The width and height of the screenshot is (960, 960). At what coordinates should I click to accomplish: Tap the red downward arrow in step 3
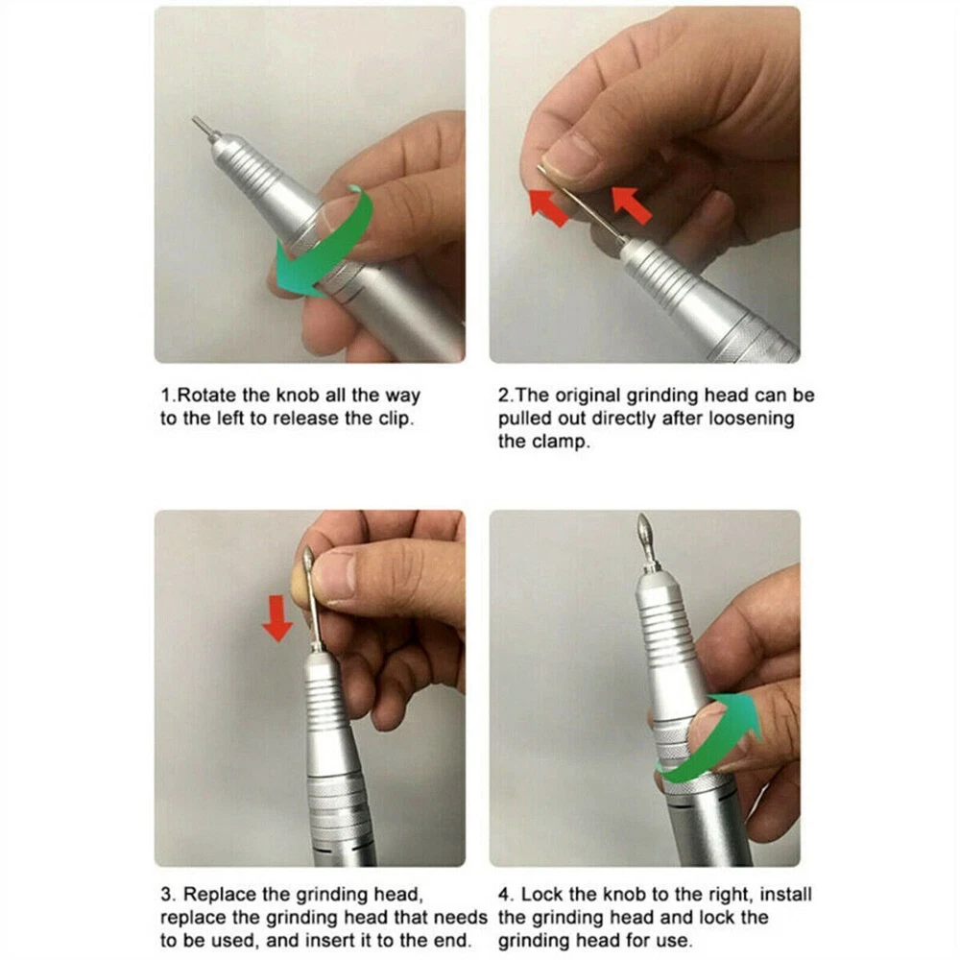[x=276, y=618]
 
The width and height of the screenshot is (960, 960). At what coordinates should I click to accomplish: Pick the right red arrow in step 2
[x=632, y=204]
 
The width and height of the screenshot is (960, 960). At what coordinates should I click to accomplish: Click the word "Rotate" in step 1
[x=207, y=396]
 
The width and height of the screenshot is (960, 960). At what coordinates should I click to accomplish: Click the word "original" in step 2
[x=588, y=396]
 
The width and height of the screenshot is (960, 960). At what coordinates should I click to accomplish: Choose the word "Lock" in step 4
[x=541, y=895]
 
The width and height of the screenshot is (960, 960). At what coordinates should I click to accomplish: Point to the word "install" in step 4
[x=785, y=895]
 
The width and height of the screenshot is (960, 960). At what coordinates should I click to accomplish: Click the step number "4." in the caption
[x=506, y=895]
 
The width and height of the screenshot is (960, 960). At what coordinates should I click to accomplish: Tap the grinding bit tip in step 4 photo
[x=643, y=516]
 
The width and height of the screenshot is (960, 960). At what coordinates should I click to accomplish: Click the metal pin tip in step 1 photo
[x=195, y=119]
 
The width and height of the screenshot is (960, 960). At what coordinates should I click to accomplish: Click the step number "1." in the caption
[x=168, y=396]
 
